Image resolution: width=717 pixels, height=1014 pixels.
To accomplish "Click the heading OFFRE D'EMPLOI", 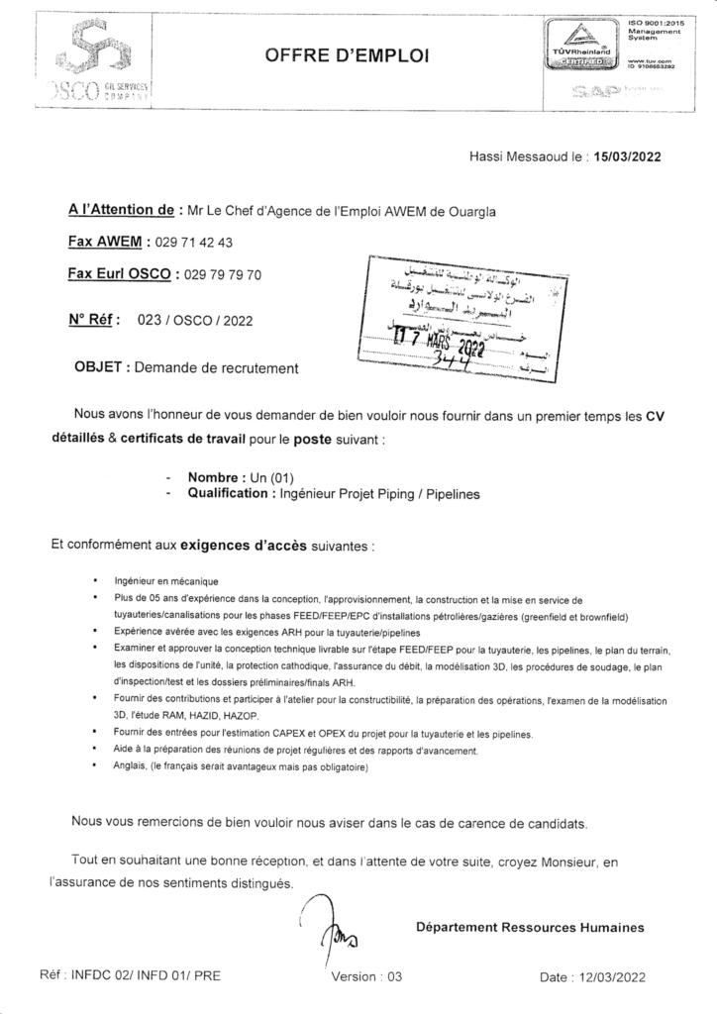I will [347, 58].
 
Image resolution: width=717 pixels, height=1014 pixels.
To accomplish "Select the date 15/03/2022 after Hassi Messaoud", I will [624, 155].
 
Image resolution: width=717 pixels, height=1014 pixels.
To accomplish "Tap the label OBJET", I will [99, 368].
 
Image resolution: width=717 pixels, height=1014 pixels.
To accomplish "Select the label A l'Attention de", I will [121, 210].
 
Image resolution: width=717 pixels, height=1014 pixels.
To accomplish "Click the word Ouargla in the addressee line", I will [467, 210].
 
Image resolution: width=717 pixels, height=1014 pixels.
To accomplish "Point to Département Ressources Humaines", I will [530, 927].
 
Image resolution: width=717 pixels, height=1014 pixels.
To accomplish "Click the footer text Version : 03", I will [366, 975].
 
